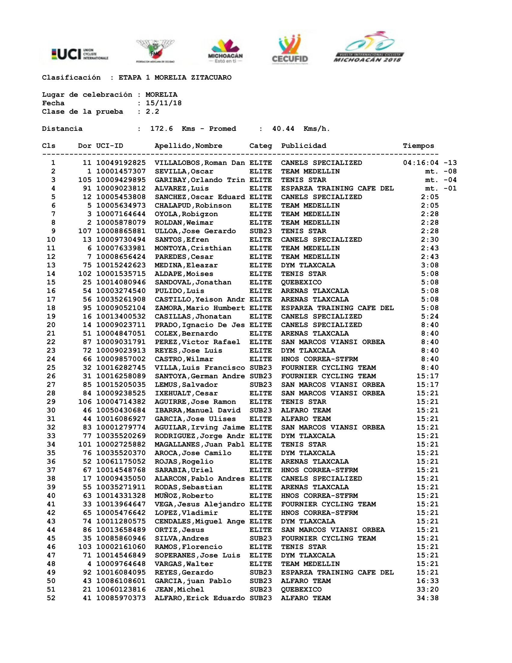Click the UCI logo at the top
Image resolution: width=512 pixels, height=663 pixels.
pyautogui.click(x=80, y=54)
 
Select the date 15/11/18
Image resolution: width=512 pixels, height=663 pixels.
pyautogui.click(x=164, y=103)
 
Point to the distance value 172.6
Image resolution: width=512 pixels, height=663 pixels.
pyautogui.click(x=161, y=129)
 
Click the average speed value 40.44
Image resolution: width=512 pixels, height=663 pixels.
pyautogui.click(x=283, y=129)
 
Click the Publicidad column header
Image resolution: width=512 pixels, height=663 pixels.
pyautogui.click(x=303, y=146)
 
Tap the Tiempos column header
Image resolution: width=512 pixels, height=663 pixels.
pyautogui.click(x=418, y=146)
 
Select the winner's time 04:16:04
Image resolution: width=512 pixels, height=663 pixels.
pyautogui.click(x=420, y=163)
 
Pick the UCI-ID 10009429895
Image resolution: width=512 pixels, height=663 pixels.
pyautogui.click(x=121, y=180)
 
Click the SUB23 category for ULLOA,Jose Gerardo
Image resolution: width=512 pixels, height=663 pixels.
pyautogui.click(x=261, y=231)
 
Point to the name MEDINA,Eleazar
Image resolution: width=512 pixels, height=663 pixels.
pyautogui.click(x=186, y=265)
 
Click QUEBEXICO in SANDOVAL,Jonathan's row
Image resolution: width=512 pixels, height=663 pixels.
pyautogui.click(x=301, y=282)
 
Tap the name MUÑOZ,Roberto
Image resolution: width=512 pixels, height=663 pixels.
pyautogui.click(x=184, y=495)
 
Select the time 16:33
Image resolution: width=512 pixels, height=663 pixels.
pyautogui.click(x=427, y=581)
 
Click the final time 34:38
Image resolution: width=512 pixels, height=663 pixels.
pyautogui.click(x=427, y=598)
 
